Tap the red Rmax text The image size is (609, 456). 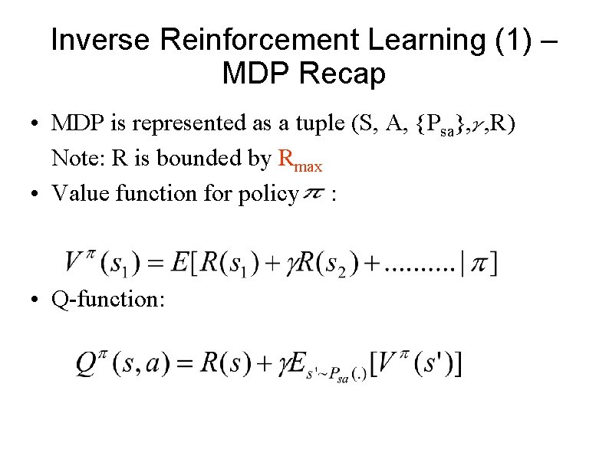(299, 159)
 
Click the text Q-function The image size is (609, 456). (107, 298)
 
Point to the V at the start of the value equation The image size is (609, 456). (74, 262)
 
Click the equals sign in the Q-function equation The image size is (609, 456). (184, 365)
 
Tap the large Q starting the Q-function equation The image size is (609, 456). (86, 363)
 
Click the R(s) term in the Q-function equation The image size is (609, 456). (225, 364)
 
